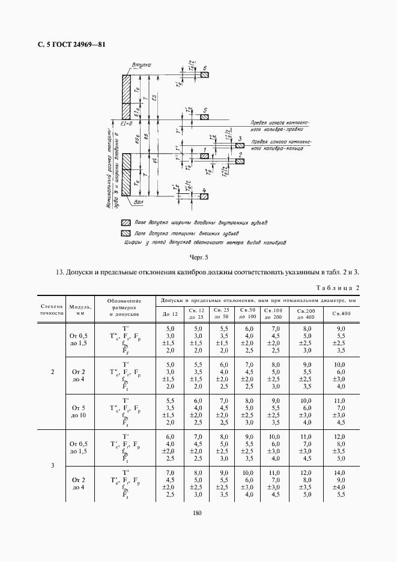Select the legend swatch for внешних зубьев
(126, 232)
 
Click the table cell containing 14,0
(341, 473)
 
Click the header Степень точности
(52, 309)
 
